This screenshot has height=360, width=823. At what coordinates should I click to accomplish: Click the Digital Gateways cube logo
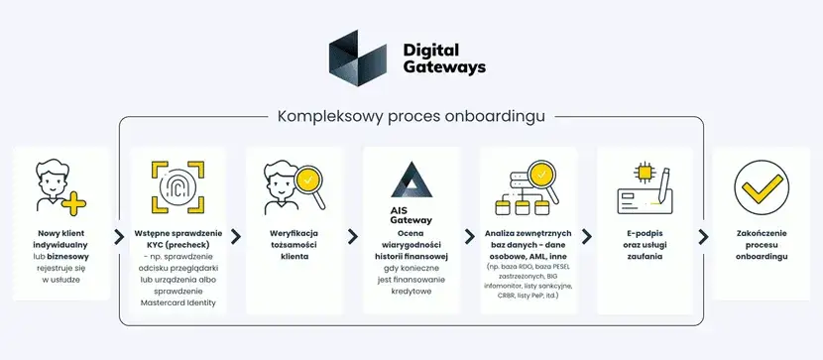358,57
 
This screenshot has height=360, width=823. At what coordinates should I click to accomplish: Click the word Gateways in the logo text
444,67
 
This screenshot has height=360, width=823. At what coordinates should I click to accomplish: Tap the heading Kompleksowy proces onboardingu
411,116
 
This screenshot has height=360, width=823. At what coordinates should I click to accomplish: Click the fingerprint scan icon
176,184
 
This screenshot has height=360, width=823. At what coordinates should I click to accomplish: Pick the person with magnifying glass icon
294,187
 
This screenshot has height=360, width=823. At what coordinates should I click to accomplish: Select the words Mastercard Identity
176,302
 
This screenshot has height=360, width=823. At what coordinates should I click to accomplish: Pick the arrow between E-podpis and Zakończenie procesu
704,236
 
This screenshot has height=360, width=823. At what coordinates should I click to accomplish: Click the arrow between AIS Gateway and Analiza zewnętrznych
470,236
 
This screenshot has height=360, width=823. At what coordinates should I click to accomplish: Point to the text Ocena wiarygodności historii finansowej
411,246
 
